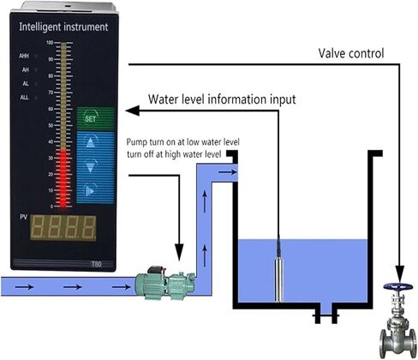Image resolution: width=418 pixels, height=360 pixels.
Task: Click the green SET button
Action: [x=96, y=118]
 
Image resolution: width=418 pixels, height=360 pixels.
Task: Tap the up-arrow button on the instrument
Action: [x=91, y=142]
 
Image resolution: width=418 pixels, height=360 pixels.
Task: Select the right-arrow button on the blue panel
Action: [x=90, y=190]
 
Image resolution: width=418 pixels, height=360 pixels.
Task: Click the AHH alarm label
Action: [x=24, y=56]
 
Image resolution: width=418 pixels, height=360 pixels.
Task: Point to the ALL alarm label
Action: [x=25, y=98]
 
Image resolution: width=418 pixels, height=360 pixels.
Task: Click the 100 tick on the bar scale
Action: [x=50, y=43]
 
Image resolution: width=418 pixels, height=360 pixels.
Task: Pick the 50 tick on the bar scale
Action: [x=51, y=125]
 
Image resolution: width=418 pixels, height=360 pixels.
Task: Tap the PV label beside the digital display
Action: [x=24, y=217]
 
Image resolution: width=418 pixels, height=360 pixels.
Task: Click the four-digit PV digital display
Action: [x=63, y=227]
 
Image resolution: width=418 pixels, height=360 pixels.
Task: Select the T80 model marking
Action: [x=96, y=264]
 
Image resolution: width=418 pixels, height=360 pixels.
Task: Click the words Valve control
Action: [x=351, y=53]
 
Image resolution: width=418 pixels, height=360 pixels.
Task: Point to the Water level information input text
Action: [x=222, y=99]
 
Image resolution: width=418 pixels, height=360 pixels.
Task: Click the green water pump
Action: [x=165, y=283]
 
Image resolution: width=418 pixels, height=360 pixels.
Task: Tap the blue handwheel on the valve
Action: [x=398, y=286]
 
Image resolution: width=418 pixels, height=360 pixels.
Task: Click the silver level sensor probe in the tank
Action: [x=278, y=279]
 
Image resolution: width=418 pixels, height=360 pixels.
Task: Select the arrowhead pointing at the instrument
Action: [x=133, y=111]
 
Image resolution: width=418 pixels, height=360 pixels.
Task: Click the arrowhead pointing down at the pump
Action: [x=179, y=252]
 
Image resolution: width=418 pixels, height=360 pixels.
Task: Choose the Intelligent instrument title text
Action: [x=63, y=27]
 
